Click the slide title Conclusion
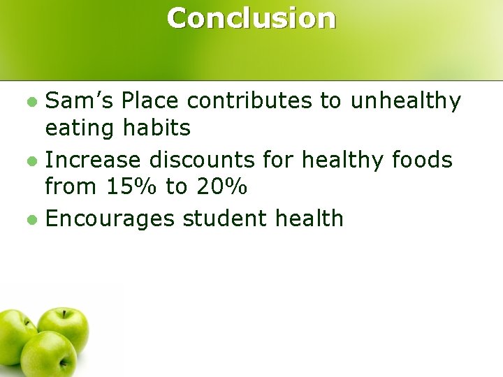pyautogui.click(x=251, y=19)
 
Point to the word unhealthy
pyautogui.click(x=406, y=101)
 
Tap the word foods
pyautogui.click(x=423, y=160)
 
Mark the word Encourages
pyautogui.click(x=110, y=219)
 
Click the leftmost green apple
pyautogui.click(x=15, y=338)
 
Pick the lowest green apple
pyautogui.click(x=49, y=356)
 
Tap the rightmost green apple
pyautogui.click(x=64, y=328)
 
